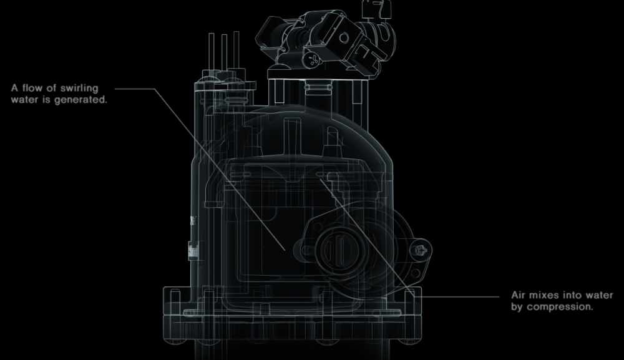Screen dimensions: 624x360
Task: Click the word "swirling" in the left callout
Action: point(79,89)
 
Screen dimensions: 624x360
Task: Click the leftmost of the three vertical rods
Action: point(212,52)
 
